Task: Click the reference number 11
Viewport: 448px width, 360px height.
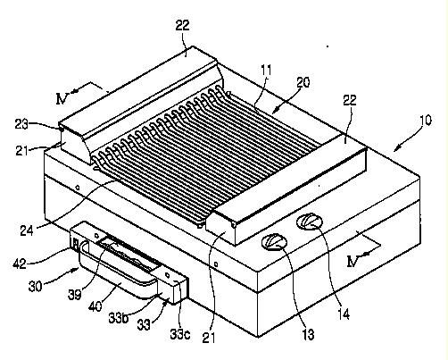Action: tap(266, 71)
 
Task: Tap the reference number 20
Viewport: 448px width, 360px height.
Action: tap(303, 82)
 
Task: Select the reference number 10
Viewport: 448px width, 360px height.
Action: tap(426, 121)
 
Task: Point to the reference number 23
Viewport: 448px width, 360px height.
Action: tap(21, 124)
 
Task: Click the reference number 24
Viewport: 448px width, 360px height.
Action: tap(27, 230)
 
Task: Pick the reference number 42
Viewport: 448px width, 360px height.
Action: tap(20, 264)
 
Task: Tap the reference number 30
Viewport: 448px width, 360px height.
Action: tap(35, 287)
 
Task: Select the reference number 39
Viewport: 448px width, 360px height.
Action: tap(74, 295)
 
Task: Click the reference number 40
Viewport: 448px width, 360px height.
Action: tap(95, 306)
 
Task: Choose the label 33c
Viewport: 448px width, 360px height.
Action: tap(180, 334)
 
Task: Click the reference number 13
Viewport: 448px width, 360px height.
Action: tap(309, 334)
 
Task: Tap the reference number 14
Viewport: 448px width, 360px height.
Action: tap(344, 314)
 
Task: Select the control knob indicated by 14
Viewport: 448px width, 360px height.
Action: tap(310, 221)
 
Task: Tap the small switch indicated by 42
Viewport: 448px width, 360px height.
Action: tap(75, 244)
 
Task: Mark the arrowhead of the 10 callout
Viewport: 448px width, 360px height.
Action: tap(396, 149)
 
